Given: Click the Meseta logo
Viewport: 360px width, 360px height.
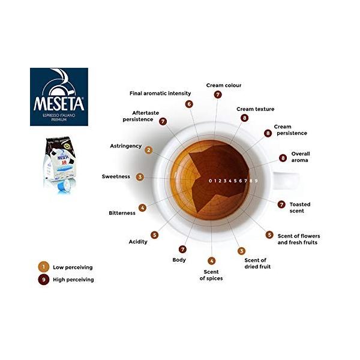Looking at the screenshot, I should pos(59,96).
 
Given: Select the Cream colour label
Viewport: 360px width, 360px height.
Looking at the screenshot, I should pos(224,85).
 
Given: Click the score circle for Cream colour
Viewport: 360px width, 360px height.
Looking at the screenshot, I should pos(218,94).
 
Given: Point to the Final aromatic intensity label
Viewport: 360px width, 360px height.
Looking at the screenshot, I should pos(160,94).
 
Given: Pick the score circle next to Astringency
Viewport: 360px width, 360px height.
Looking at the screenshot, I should pos(149,150).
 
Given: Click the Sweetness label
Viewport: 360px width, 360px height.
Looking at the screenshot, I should pos(116,177).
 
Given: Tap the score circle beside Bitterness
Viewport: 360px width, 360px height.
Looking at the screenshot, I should pos(142,208).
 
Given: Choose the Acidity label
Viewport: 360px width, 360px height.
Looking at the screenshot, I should pos(138,242).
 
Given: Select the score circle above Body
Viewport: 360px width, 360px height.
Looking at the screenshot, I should pos(183,249).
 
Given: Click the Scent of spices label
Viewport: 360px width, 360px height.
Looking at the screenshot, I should pos(211,275).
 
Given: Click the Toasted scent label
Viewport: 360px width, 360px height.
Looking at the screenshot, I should pos(299,208).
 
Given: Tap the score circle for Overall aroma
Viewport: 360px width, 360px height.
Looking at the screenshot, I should pos(283,158).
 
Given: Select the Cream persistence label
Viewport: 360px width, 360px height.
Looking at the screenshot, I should pos(290,130).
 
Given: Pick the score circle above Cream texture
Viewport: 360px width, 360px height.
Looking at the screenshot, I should pos(244,118).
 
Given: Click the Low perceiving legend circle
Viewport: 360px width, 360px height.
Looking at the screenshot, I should pos(43,266).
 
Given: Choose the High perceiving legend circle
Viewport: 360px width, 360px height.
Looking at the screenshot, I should pos(43,279).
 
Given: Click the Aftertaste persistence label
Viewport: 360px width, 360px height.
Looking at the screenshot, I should pos(138,116).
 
